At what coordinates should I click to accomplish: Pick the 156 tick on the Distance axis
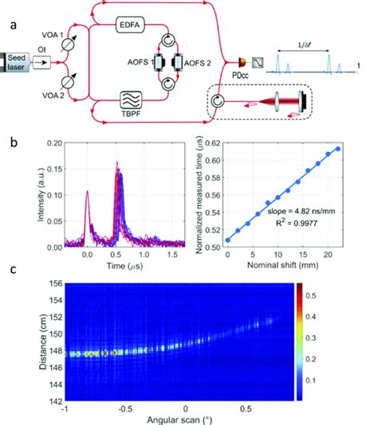coord(50,284)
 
